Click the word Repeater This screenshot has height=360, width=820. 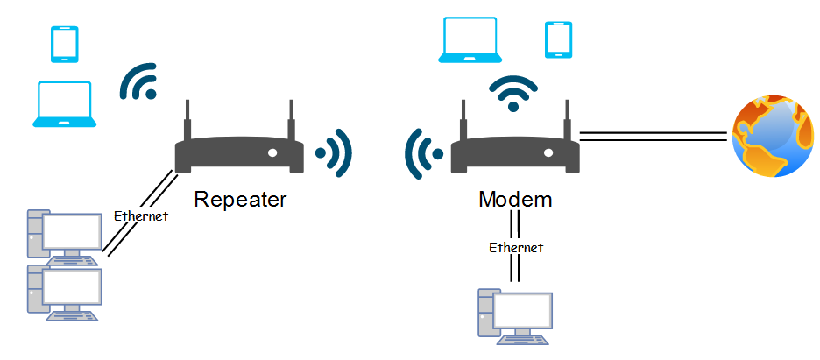click(241, 200)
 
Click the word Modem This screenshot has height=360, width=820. click(516, 200)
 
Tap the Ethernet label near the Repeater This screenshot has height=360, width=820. click(141, 215)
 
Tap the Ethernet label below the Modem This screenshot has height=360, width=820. click(516, 247)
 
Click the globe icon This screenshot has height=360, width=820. click(774, 137)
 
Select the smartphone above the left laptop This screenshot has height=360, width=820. click(64, 45)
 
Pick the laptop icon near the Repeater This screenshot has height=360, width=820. click(64, 104)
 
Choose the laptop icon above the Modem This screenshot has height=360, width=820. click(470, 39)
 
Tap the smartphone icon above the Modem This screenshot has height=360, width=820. click(559, 39)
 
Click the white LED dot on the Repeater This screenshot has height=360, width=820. click(272, 153)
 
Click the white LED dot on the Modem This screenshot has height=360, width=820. click(548, 153)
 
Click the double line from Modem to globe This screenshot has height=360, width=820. click(654, 137)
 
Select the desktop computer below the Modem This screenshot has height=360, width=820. click(516, 317)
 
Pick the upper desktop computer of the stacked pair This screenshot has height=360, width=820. click(65, 237)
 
